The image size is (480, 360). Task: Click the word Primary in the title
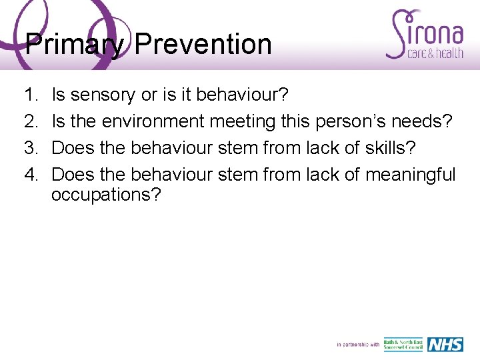coord(75,45)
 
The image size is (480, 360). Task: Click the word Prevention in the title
coord(203,45)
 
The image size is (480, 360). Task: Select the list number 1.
coord(31,95)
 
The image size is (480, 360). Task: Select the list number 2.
coord(31,122)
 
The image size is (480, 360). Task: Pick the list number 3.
coord(31,149)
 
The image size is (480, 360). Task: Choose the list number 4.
coord(31,175)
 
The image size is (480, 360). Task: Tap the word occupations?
coord(106,195)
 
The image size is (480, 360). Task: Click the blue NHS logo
coord(444,344)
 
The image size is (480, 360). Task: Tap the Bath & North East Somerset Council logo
coord(403,344)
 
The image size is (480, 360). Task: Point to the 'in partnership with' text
coord(358,345)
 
